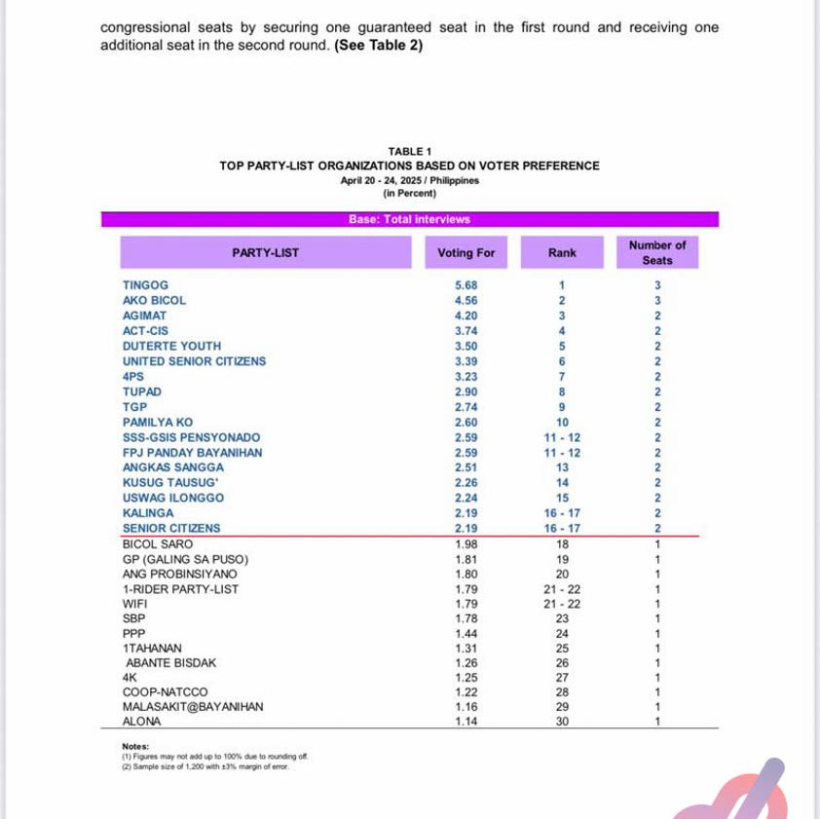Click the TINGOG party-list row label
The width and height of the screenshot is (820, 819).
pyautogui.click(x=145, y=285)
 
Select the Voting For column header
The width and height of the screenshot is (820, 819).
pyautogui.click(x=466, y=253)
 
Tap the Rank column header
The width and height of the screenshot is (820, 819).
pyautogui.click(x=562, y=253)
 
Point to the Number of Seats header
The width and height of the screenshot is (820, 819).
pyautogui.click(x=656, y=253)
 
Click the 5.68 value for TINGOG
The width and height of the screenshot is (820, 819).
pyautogui.click(x=466, y=285)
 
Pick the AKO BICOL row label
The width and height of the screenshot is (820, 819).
pyautogui.click(x=154, y=301)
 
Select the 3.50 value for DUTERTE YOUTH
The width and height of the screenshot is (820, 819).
pyautogui.click(x=466, y=346)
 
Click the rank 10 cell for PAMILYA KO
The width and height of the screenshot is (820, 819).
pyautogui.click(x=562, y=422)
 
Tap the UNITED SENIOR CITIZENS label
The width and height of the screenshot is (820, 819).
pyautogui.click(x=194, y=361)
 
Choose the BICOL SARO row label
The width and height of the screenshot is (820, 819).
pyautogui.click(x=158, y=544)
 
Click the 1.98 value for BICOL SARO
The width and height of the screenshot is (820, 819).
pyautogui.click(x=466, y=544)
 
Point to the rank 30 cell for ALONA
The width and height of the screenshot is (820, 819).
pyautogui.click(x=562, y=722)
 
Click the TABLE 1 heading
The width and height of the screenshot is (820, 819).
pyautogui.click(x=409, y=151)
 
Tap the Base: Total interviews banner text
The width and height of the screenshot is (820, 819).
pyautogui.click(x=409, y=220)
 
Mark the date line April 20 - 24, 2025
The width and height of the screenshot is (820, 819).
pyautogui.click(x=409, y=180)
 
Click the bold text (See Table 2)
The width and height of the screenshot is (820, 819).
pyautogui.click(x=379, y=46)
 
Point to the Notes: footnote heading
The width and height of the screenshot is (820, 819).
pyautogui.click(x=135, y=746)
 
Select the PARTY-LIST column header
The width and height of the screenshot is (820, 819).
pyautogui.click(x=265, y=253)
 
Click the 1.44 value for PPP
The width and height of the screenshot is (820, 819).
pyautogui.click(x=466, y=633)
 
